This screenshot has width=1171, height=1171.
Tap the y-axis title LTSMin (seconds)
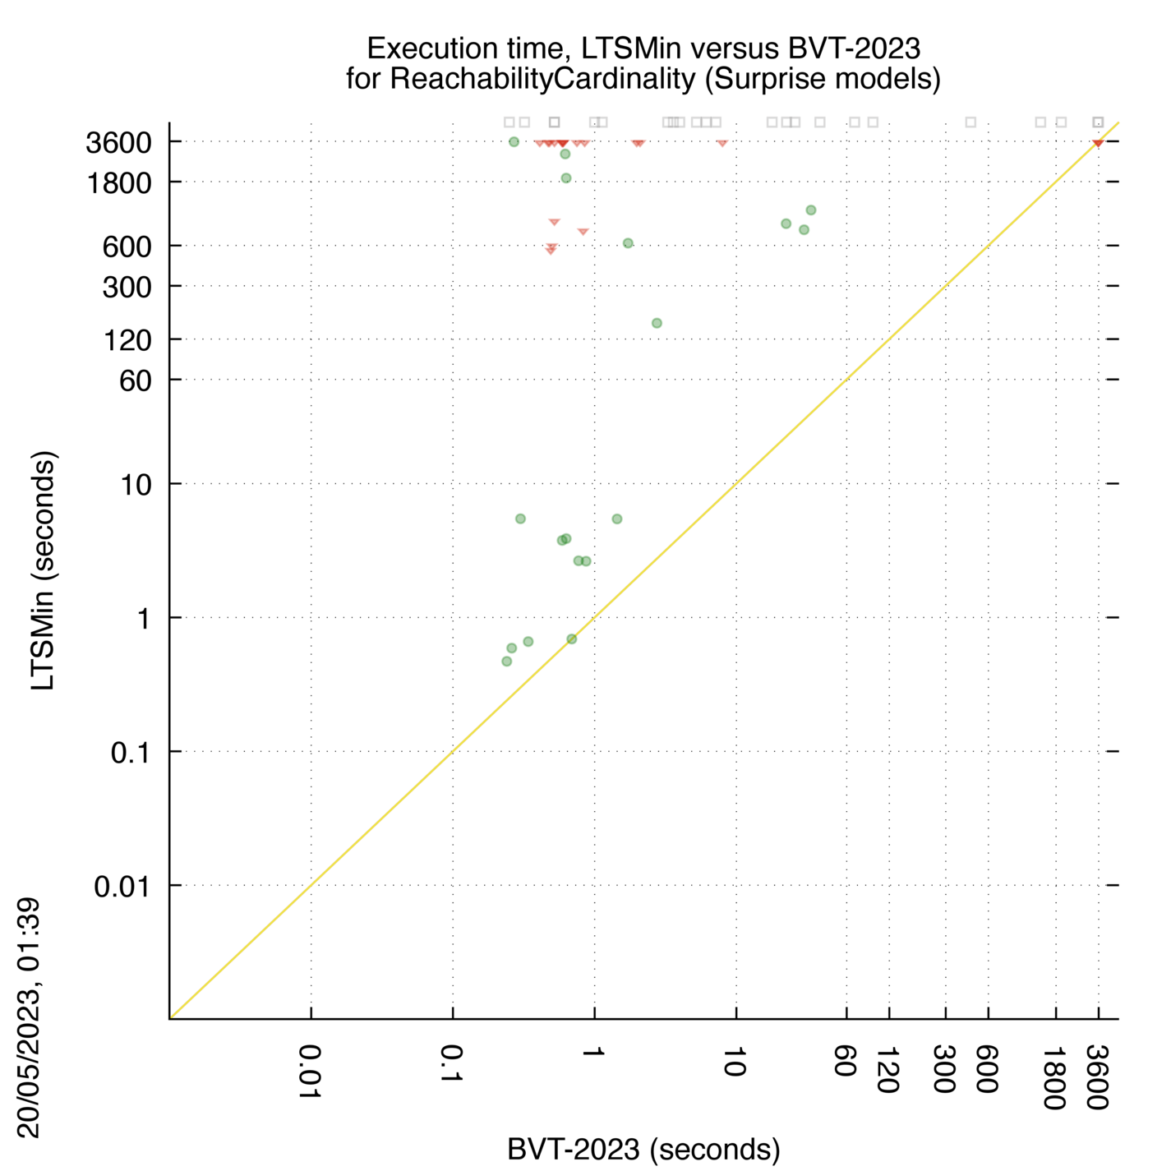pyautogui.click(x=43, y=570)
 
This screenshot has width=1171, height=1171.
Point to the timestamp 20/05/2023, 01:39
pyautogui.click(x=29, y=1017)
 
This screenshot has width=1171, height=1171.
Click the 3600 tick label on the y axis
pyautogui.click(x=119, y=144)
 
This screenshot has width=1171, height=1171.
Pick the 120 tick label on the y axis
pyautogui.click(x=127, y=341)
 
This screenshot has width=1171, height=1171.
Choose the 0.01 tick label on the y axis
pyautogui.click(x=122, y=887)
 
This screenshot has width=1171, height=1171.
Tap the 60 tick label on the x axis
pyautogui.click(x=846, y=1060)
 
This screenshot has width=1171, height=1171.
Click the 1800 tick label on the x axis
pyautogui.click(x=1055, y=1076)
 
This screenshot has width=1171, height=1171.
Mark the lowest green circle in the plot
pyautogui.click(x=507, y=662)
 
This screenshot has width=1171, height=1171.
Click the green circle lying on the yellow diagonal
pyautogui.click(x=571, y=639)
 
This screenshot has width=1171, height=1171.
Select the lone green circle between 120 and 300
pyautogui.click(x=657, y=323)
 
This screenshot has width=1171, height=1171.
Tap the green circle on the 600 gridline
pyautogui.click(x=628, y=243)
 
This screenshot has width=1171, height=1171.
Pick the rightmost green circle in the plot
pyautogui.click(x=810, y=210)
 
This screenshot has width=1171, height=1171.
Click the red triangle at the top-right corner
pyautogui.click(x=1098, y=143)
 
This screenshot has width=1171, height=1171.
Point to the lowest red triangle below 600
pyautogui.click(x=551, y=251)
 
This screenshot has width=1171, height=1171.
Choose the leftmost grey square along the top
pyautogui.click(x=509, y=122)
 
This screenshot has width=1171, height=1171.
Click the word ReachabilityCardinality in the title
pyautogui.click(x=542, y=79)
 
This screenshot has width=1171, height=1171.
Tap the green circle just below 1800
pyautogui.click(x=565, y=178)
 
